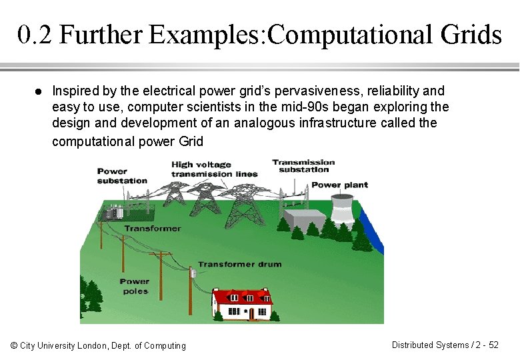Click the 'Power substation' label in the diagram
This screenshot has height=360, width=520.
[x=122, y=176]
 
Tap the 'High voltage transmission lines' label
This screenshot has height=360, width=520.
[x=214, y=169]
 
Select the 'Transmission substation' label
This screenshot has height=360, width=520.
[x=303, y=165]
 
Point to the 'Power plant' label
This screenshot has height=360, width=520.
[x=340, y=185]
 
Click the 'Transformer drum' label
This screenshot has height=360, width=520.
[x=239, y=264]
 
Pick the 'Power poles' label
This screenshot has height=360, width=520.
[x=135, y=286]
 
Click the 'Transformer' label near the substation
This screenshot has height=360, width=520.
[x=152, y=228]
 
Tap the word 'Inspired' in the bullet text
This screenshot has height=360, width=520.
[x=71, y=91]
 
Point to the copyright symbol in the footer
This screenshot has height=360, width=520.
[x=15, y=345]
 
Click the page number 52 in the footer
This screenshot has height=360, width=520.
[x=493, y=345]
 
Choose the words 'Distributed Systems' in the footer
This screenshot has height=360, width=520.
[x=430, y=345]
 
